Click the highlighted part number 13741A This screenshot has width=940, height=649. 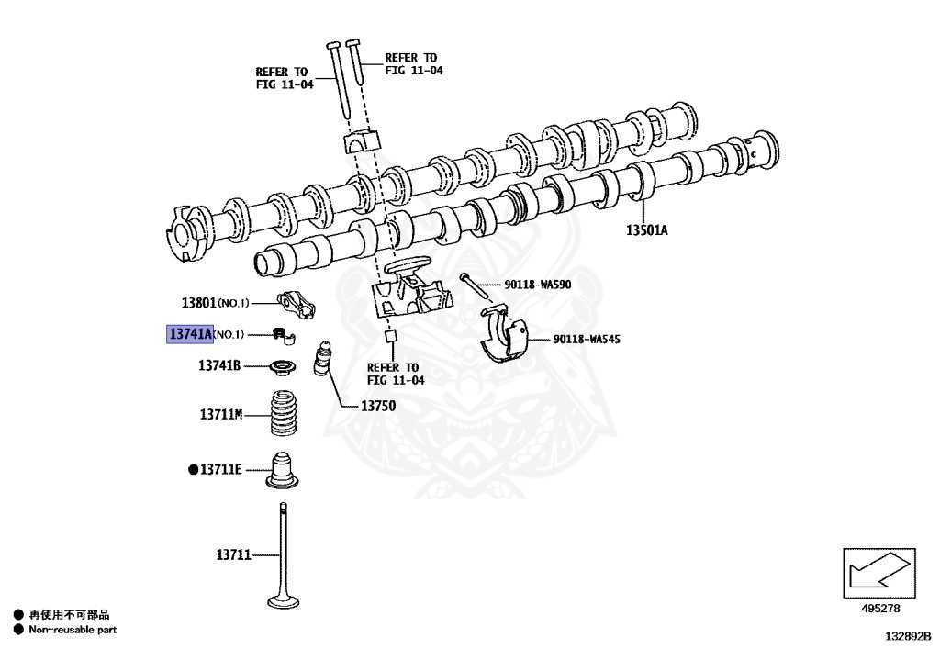[189, 333]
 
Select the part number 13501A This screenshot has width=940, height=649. [646, 230]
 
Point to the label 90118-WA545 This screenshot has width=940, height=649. [587, 340]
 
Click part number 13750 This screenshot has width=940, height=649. [377, 405]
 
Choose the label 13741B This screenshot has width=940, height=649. [219, 365]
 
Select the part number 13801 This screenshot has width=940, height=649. [197, 302]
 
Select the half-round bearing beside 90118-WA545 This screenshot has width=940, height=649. [506, 340]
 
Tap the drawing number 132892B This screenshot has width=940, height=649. [907, 633]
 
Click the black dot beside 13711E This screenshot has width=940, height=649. [193, 470]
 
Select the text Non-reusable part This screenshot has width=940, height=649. [73, 630]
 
